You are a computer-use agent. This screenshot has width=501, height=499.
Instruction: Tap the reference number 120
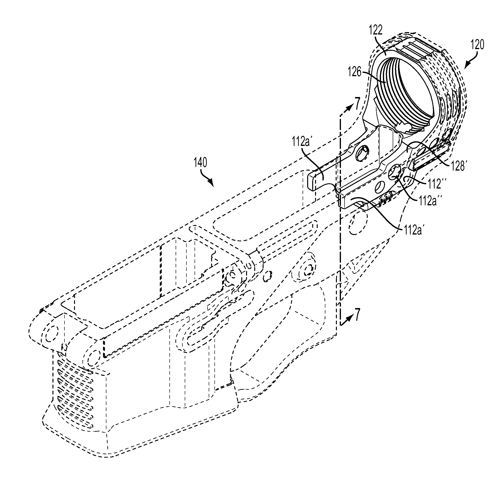pyautogui.click(x=477, y=45)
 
